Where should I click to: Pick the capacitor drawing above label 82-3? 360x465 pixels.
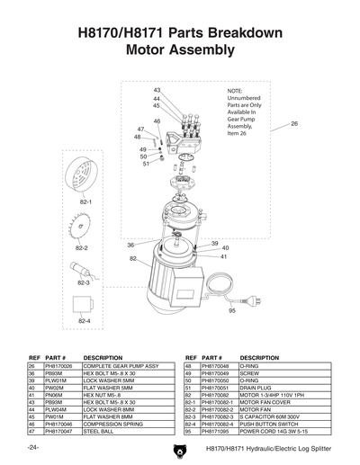tap(84, 270)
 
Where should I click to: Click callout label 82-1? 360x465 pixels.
tap(85, 202)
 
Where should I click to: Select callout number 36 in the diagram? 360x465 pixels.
tap(130, 245)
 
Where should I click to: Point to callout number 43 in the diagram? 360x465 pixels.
tap(157, 91)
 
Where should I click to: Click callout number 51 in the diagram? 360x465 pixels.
tap(145, 164)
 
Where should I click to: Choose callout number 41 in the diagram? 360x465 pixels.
tap(223, 256)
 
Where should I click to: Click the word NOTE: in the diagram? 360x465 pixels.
tap(236, 92)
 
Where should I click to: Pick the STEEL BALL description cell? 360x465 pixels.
tap(99, 431)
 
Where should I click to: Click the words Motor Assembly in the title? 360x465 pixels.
tap(180, 50)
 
